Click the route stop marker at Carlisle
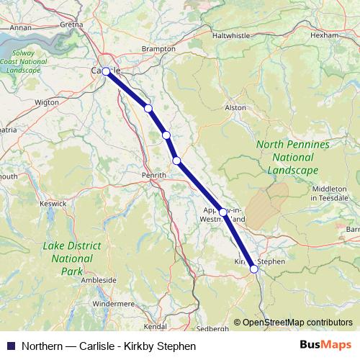106,71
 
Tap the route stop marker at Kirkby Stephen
253,269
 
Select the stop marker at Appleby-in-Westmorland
223,212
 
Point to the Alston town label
236,107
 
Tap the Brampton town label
159,49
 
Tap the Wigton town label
47,102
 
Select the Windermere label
112,304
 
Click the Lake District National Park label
72,258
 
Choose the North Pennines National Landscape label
293,157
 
